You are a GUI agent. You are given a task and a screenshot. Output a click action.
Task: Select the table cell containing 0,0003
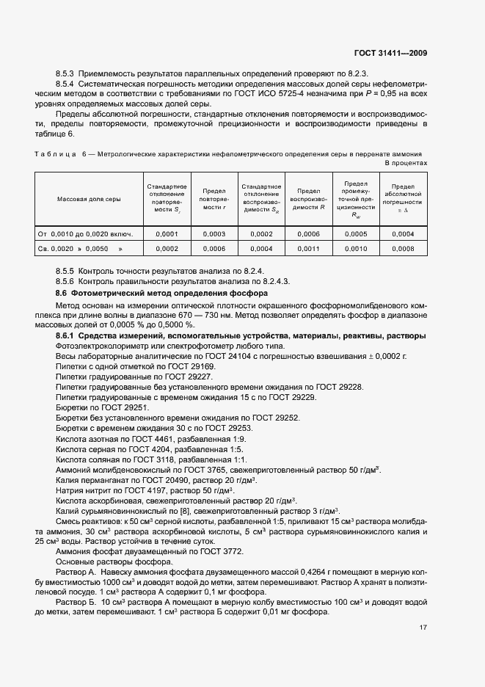coord(214,234)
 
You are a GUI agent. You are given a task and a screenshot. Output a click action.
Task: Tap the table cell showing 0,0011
coord(307,250)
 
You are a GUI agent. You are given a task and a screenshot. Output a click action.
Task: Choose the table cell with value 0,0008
coord(403,250)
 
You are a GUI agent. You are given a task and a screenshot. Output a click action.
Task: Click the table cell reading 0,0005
coord(355,234)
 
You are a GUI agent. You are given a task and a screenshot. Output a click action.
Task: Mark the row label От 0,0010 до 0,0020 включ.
coord(85,234)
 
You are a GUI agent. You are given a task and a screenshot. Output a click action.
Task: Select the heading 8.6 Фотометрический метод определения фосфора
coord(150,294)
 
